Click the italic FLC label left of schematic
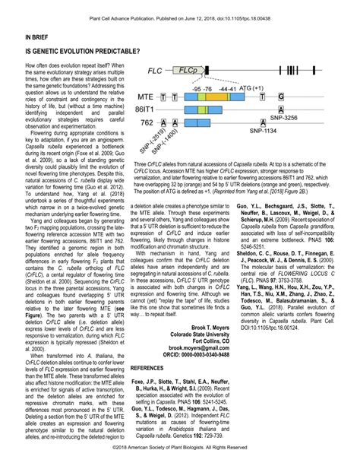click(156, 71)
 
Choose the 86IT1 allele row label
click(147, 109)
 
